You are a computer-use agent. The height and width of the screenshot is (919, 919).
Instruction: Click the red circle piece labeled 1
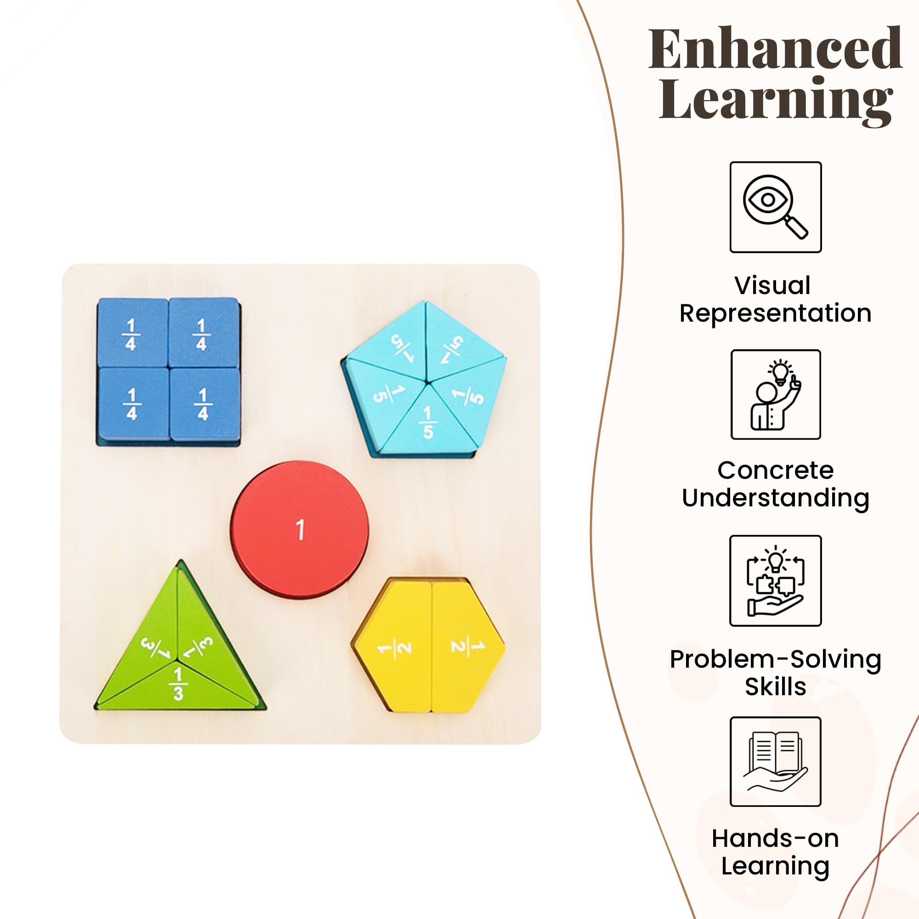click(299, 529)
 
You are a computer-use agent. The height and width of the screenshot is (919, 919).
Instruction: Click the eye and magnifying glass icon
click(775, 207)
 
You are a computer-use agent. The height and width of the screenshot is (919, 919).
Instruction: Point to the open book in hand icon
click(775, 761)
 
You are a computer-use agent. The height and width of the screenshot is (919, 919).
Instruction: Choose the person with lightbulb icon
click(775, 394)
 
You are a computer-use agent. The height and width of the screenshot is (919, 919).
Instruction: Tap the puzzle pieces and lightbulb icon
click(775, 580)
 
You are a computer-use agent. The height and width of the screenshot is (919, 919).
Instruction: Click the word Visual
click(772, 285)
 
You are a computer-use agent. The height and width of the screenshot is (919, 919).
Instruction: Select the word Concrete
click(775, 471)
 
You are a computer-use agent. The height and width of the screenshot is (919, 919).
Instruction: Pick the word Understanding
click(775, 498)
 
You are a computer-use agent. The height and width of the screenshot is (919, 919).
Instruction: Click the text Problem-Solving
click(775, 659)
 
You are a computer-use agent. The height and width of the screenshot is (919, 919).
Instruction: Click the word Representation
click(775, 313)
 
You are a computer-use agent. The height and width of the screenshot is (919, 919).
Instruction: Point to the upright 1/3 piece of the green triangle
click(178, 685)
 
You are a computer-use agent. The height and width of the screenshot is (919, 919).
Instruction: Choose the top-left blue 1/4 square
click(132, 334)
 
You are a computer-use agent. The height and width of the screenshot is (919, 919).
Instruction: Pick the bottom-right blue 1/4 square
click(204, 404)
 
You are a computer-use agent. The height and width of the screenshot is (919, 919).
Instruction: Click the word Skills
click(775, 686)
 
